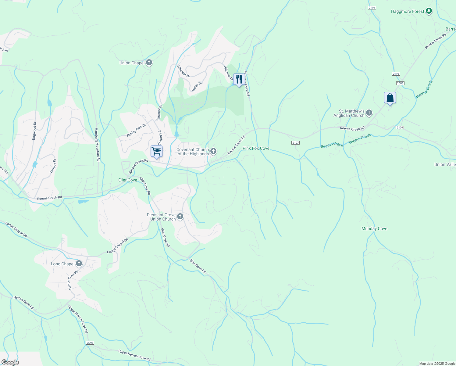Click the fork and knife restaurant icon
point(239,79)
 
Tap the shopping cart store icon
point(156,151)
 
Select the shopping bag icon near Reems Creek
point(390,98)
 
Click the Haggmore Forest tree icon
point(429,11)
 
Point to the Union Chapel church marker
point(149,63)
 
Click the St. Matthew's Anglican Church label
point(349,113)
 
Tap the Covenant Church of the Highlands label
point(193,152)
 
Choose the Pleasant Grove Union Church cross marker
point(180,217)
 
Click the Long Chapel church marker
point(79,264)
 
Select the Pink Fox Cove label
point(256,149)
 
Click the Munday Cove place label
point(374,229)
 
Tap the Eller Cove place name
point(128,180)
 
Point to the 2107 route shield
point(295,143)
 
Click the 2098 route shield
point(90,343)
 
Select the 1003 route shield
point(400,83)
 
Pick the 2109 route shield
point(400,127)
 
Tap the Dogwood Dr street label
point(34,131)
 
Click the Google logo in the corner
point(10,362)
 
